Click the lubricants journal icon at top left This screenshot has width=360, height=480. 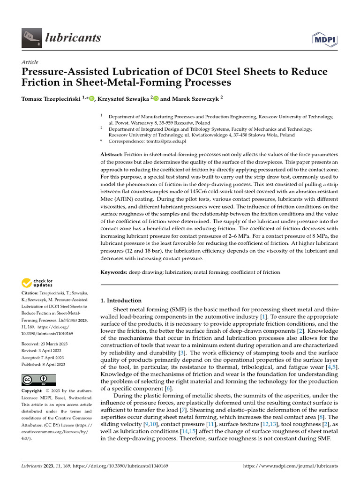click(31, 37)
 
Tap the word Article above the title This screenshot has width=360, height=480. click(30, 62)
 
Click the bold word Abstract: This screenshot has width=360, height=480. click(112, 154)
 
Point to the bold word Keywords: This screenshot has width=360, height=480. click(114, 272)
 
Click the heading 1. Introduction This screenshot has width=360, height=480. click(121, 300)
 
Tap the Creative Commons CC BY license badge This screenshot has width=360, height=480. click(38, 380)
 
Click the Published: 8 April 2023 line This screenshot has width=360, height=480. click(43, 364)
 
